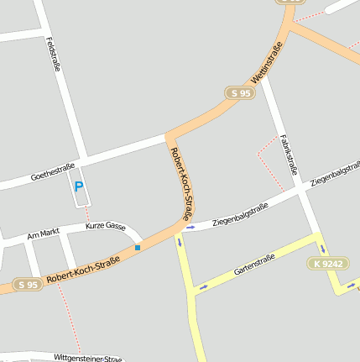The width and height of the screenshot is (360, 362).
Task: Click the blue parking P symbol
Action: click(x=79, y=186)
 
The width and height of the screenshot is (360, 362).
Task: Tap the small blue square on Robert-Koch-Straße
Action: click(x=138, y=248)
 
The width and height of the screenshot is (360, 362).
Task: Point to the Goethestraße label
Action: click(x=52, y=171)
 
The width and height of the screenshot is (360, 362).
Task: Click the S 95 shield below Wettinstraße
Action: click(x=239, y=93)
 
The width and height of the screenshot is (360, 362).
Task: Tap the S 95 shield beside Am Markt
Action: click(x=27, y=285)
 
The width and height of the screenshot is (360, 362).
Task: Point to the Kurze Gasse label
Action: click(x=105, y=227)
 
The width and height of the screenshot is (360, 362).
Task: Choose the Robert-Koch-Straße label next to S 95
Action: click(x=83, y=269)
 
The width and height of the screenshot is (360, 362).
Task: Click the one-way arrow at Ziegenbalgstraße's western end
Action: click(x=190, y=227)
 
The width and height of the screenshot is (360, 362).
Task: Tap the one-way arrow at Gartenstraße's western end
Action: click(x=203, y=287)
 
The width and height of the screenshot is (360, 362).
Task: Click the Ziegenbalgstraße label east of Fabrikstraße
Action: click(x=335, y=173)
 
